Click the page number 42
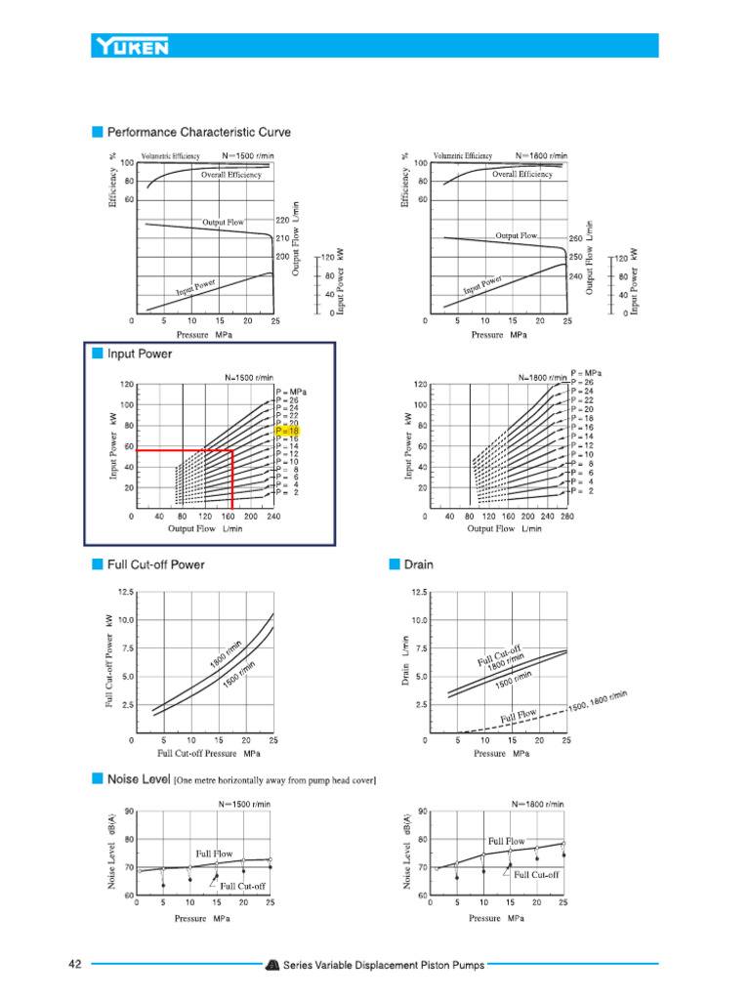(75, 965)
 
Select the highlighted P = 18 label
(287, 430)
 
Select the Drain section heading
(418, 563)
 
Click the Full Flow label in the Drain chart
(520, 717)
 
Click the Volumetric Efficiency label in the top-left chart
(171, 155)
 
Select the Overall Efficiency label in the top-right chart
(521, 174)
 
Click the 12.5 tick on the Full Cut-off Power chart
(126, 592)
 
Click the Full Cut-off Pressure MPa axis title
(209, 753)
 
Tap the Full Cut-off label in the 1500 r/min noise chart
(243, 886)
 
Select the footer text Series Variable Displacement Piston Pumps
(384, 966)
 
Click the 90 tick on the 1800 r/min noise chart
(422, 812)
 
